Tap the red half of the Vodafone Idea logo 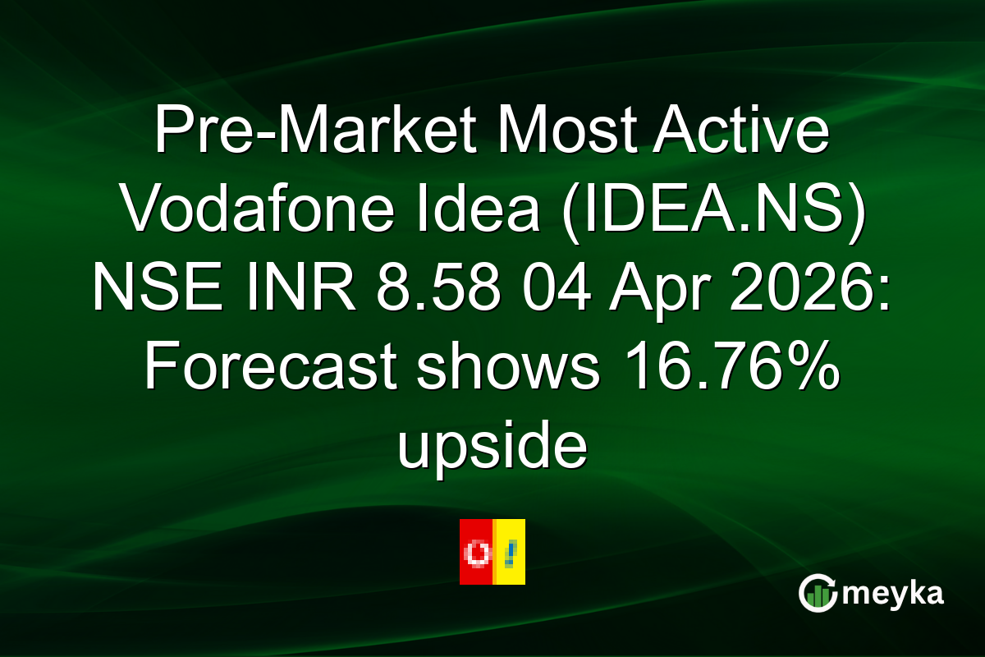point(475,552)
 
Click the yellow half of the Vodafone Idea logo point(510,552)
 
